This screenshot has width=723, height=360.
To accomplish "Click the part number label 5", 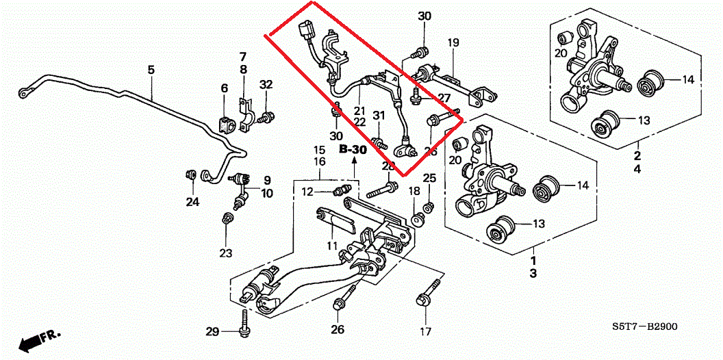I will pyautogui.click(x=151, y=70).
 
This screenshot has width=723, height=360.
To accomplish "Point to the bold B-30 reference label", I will pyautogui.click(x=353, y=149).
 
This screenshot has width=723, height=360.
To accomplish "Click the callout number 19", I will pyautogui.click(x=453, y=43).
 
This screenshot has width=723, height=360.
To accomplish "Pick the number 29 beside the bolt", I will pyautogui.click(x=213, y=332).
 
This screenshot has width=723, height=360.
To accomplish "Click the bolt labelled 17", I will pyautogui.click(x=424, y=301).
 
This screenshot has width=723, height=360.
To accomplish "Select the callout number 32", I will pyautogui.click(x=266, y=85).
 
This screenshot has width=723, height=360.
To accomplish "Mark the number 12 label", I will pyautogui.click(x=309, y=192).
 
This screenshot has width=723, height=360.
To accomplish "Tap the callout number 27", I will pyautogui.click(x=444, y=98).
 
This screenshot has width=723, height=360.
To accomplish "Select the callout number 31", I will pyautogui.click(x=377, y=115).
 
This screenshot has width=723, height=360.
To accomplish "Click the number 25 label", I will pyautogui.click(x=429, y=179).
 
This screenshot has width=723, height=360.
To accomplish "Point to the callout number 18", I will pyautogui.click(x=414, y=190).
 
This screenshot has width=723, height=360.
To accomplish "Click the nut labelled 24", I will pyautogui.click(x=192, y=174).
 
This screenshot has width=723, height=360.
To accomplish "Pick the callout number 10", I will pyautogui.click(x=266, y=194).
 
